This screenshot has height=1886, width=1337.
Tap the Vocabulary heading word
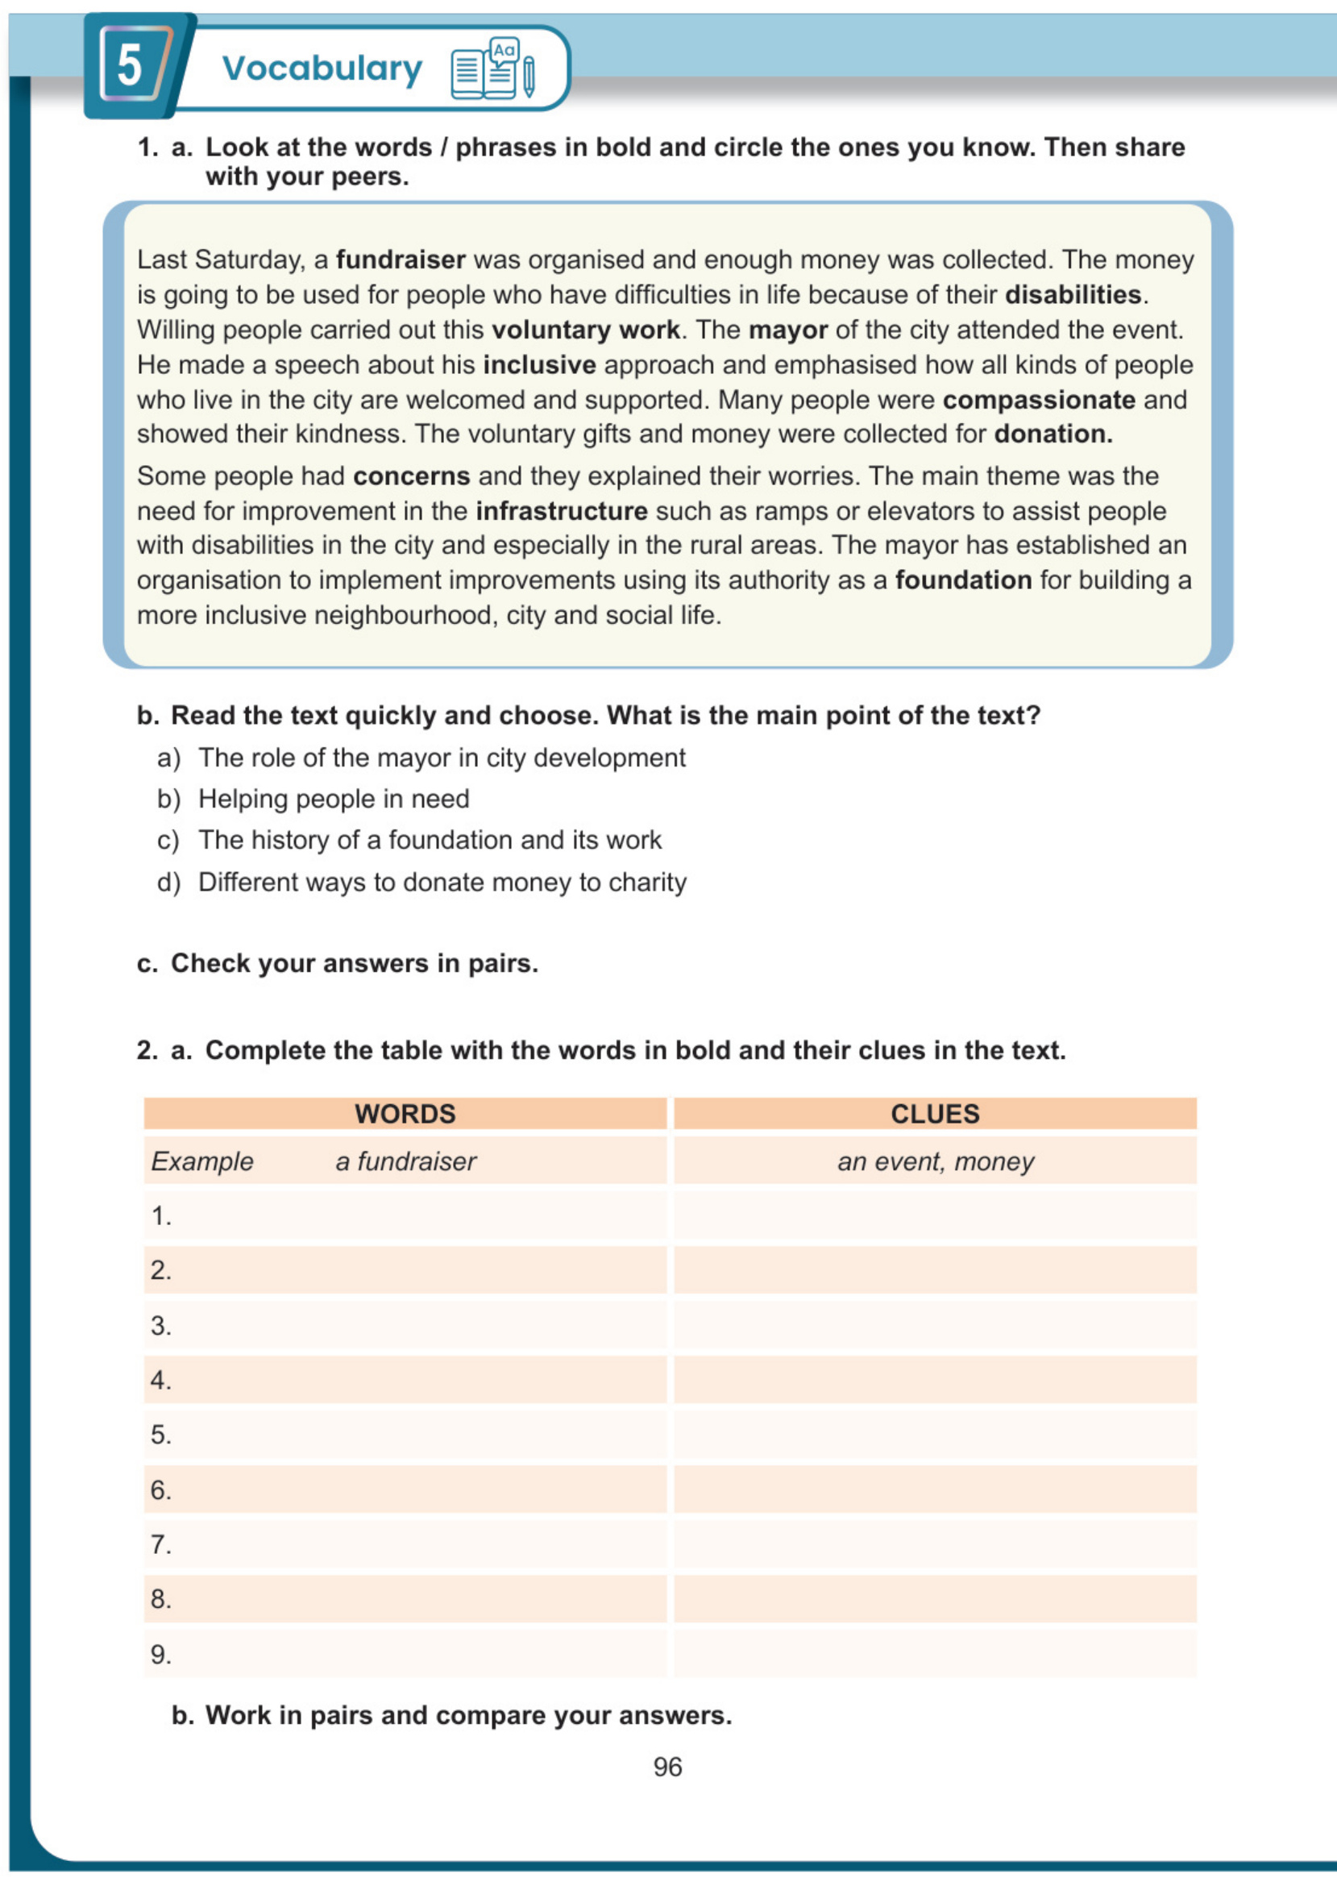pos(322,69)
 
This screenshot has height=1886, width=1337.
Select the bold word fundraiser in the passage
pos(400,260)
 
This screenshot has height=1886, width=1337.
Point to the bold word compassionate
pos(1038,400)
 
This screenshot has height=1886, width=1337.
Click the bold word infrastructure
pos(562,511)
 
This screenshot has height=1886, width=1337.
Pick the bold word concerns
pos(411,476)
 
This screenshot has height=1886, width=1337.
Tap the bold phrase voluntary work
pos(585,330)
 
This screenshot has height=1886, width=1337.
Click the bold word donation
pos(1053,434)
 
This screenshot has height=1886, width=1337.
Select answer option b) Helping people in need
pos(334,799)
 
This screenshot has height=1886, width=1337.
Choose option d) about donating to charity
pos(442,882)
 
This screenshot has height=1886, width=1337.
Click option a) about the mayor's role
pos(442,758)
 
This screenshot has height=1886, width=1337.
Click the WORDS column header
pos(405,1114)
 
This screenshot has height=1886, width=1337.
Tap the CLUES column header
pos(934,1114)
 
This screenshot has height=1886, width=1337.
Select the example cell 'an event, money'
pos(935,1161)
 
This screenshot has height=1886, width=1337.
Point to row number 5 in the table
pos(161,1435)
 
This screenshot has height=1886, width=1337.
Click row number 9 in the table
pos(161,1654)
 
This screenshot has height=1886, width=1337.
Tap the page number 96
pos(667,1767)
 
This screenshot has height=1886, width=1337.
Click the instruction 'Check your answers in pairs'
pos(354,963)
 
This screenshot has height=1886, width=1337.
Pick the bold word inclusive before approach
pos(539,364)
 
